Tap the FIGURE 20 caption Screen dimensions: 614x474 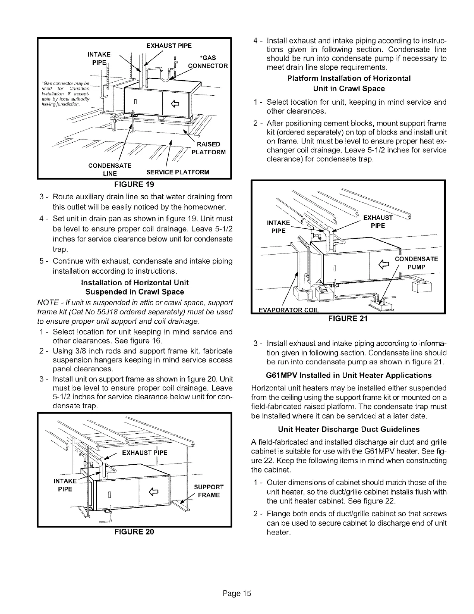(x=134, y=532)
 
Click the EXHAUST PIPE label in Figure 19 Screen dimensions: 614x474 (x=169, y=46)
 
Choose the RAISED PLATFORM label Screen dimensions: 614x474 (x=208, y=148)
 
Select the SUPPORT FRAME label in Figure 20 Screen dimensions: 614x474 (x=209, y=491)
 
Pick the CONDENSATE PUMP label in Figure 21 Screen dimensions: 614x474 (x=416, y=263)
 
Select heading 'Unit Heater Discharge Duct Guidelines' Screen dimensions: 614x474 (x=349, y=429)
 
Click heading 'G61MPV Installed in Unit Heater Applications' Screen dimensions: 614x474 (x=349, y=375)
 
